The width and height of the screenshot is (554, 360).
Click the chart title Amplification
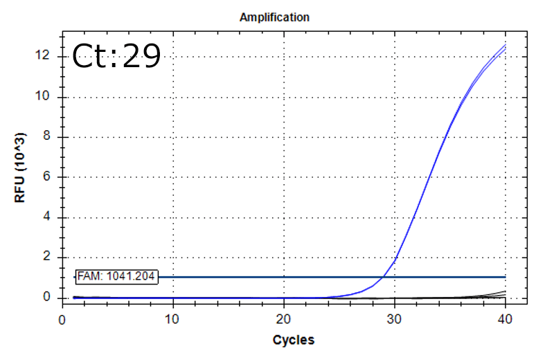tap(274, 17)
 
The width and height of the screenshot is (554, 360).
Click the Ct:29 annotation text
tap(116, 57)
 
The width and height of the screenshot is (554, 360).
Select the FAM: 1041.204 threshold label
tap(116, 277)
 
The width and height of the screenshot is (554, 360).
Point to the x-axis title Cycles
tap(293, 340)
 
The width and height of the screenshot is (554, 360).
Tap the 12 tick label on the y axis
tap(47, 56)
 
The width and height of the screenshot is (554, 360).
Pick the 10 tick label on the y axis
tap(47, 96)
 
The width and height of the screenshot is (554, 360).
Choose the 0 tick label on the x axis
tap(62, 319)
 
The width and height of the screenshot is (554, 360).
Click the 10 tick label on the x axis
tap(172, 319)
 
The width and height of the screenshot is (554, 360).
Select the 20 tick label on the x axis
tap(283, 319)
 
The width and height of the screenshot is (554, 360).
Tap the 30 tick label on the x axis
tap(394, 319)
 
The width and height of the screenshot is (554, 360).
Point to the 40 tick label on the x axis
tap(505, 319)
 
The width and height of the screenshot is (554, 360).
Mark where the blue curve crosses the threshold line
tap(384, 277)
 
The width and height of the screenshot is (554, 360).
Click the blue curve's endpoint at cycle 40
tap(506, 46)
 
